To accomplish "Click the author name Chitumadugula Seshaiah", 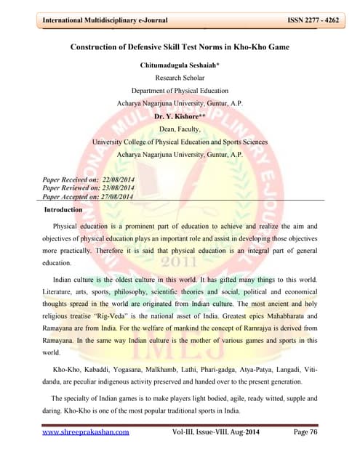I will pyautogui.click(x=179, y=65).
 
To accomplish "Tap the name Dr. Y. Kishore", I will pyautogui.click(x=179, y=116).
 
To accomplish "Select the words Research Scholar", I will pyautogui.click(x=180, y=77).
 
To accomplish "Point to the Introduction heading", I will pyautogui.click(x=64, y=210).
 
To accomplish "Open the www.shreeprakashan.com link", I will pyautogui.click(x=85, y=432).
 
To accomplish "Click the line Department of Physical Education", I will pyautogui.click(x=180, y=90).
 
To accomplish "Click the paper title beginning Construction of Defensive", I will pyautogui.click(x=180, y=47).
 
